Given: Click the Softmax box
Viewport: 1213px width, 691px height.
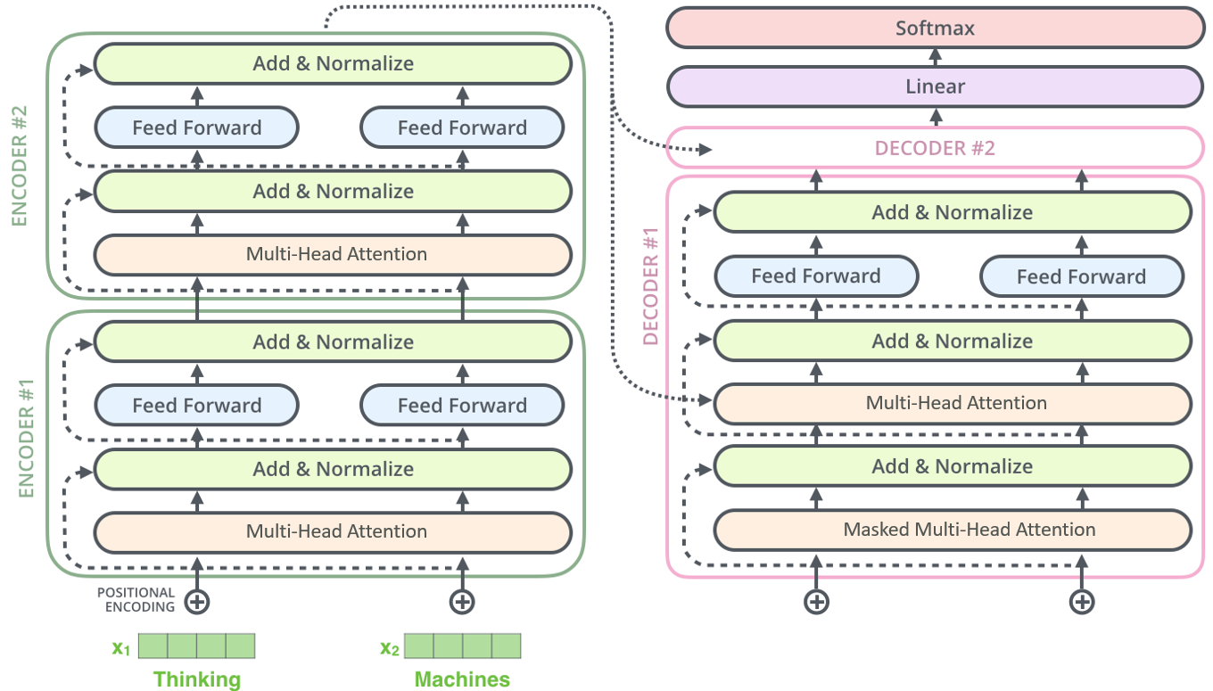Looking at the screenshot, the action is [936, 29].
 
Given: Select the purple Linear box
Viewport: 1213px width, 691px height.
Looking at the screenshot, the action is [936, 86].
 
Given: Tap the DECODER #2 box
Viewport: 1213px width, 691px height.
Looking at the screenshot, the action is [936, 148].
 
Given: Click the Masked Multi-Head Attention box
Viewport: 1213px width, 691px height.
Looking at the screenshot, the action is [953, 530].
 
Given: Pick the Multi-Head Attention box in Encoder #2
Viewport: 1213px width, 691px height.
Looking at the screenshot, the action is [333, 254].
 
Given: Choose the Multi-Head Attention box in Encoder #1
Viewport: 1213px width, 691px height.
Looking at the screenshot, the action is [333, 532].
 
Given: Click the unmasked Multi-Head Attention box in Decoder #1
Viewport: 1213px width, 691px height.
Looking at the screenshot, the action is [953, 403].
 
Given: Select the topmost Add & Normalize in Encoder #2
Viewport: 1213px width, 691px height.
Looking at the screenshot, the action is [333, 64].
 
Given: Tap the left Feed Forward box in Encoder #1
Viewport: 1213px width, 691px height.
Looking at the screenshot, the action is [196, 405].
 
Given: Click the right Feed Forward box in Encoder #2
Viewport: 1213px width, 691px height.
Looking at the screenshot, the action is [462, 128].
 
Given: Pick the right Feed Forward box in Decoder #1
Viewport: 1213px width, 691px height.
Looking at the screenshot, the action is [1081, 276].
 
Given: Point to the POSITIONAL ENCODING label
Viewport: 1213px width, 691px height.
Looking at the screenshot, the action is [136, 599].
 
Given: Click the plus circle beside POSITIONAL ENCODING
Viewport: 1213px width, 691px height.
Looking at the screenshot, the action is [196, 602].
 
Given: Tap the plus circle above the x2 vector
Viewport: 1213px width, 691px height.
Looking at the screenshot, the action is [462, 602].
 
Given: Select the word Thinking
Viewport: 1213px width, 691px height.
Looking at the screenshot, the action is [197, 679].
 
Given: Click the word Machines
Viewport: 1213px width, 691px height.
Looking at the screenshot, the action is [462, 679].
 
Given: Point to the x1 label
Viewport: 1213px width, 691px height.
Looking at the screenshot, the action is [120, 648].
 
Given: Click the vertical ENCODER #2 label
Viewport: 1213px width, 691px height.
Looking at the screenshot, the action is [19, 166].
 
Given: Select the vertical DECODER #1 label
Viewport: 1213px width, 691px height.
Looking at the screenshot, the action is [650, 286].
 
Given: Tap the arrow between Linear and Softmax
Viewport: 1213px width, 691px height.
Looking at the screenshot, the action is [936, 57].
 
